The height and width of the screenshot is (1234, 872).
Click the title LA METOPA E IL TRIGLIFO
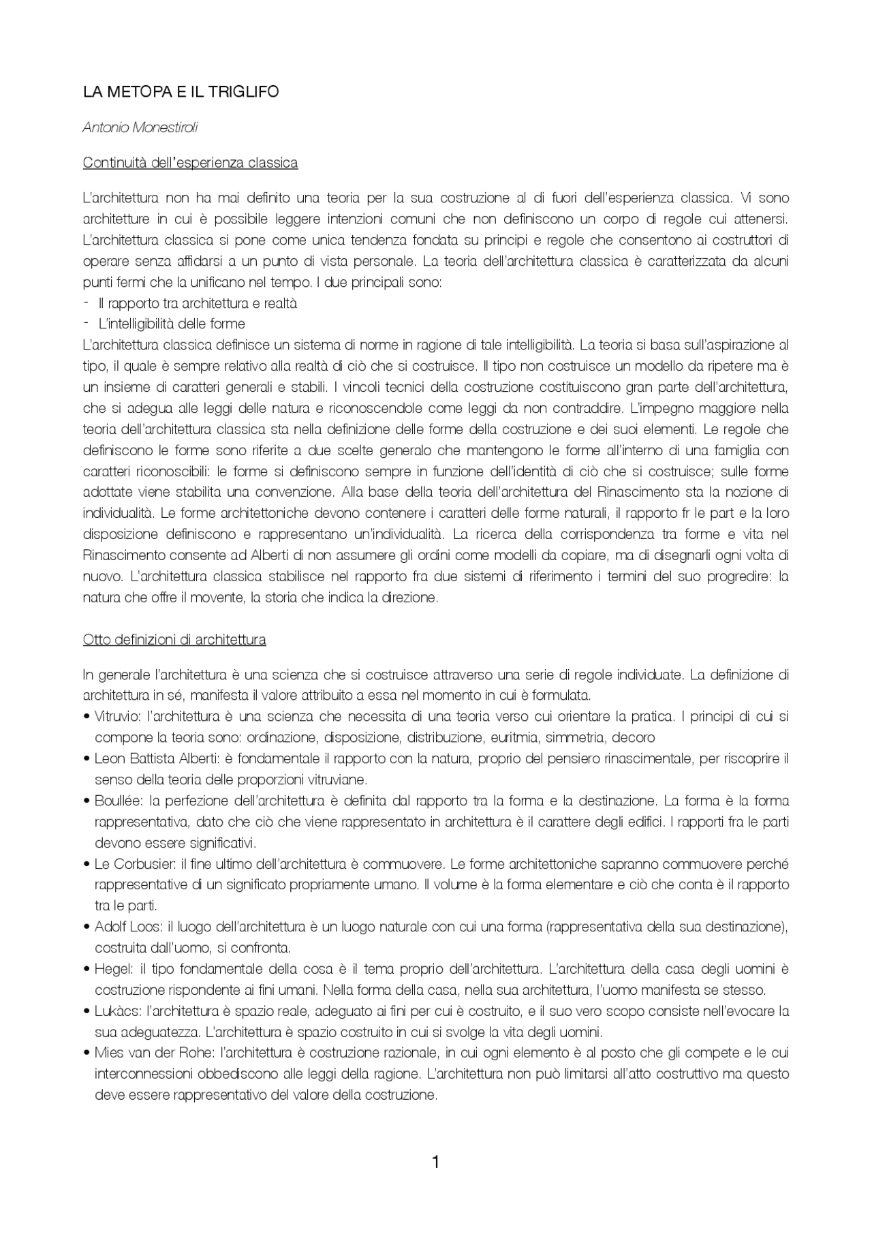tap(181, 91)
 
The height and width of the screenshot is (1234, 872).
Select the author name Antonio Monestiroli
tap(140, 127)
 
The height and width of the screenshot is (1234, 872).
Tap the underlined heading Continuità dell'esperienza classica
tap(190, 163)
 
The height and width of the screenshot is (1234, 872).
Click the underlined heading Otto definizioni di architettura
tap(174, 640)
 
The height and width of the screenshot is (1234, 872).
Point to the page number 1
tap(436, 1162)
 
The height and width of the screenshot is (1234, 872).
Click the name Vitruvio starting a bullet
tap(117, 717)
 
